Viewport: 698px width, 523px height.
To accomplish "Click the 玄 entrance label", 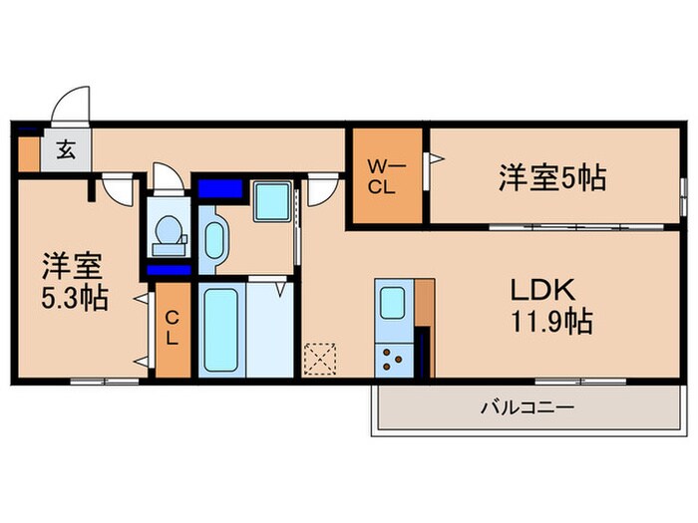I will tap(65, 151).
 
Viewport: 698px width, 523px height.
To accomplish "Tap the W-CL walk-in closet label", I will tap(385, 176).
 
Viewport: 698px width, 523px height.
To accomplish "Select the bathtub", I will tap(219, 329).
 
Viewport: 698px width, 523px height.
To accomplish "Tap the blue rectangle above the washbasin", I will tap(220, 188).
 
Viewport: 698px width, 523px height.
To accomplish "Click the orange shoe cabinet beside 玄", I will tap(28, 151).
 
